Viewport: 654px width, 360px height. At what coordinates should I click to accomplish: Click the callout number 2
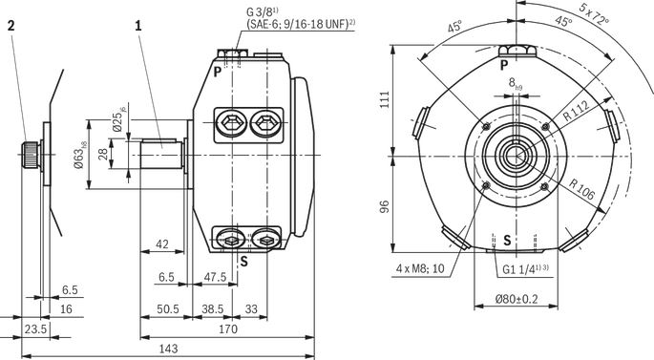click(x=11, y=26)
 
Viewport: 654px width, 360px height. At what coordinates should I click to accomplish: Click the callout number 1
click(x=138, y=26)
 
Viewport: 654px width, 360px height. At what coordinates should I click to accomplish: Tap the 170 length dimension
click(x=228, y=329)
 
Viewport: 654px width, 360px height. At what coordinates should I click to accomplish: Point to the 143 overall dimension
click(x=168, y=349)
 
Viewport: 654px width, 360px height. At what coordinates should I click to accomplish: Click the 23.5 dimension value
click(x=35, y=329)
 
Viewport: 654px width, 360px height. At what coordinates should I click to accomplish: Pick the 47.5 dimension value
click(x=215, y=277)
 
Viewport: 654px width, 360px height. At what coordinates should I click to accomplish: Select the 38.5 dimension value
click(x=213, y=309)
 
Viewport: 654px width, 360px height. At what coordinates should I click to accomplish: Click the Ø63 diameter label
click(x=79, y=155)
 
